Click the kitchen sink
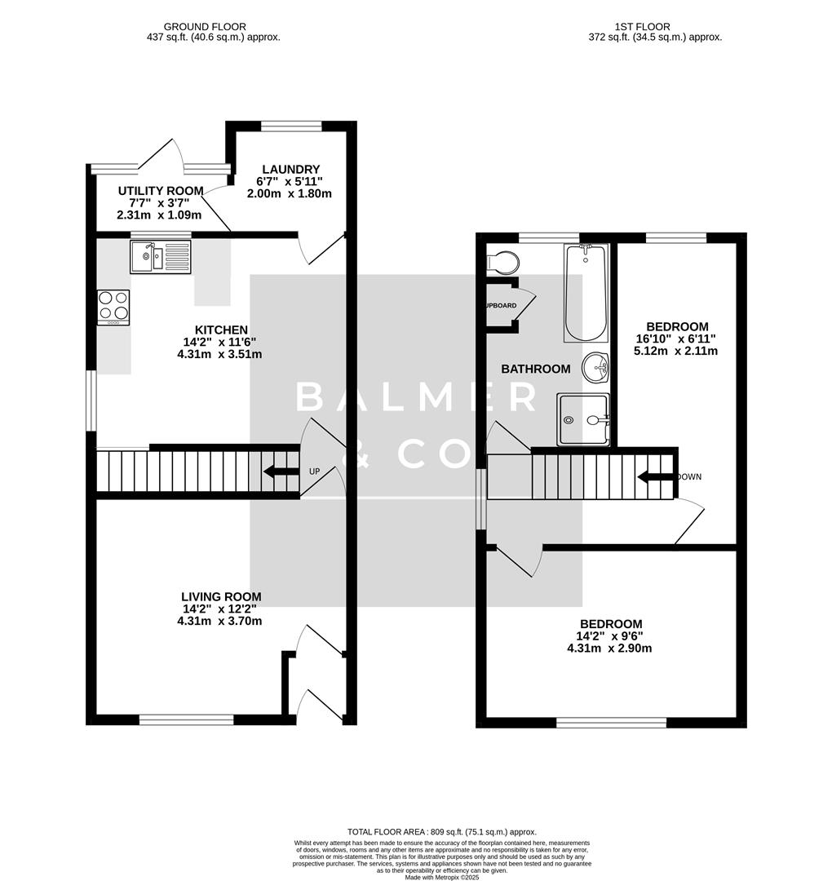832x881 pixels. click(160, 257)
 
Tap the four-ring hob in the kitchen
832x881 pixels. click(113, 307)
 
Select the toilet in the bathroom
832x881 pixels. click(502, 262)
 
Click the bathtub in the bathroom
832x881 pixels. click(586, 294)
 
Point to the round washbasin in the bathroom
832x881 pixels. click(596, 367)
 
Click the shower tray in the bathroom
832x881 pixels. click(583, 419)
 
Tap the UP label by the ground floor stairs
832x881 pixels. click(315, 471)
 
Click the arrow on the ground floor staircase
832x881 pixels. click(280, 471)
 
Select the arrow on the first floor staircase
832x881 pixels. click(654, 477)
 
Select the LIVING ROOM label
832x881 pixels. click(220, 596)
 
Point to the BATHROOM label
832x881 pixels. click(535, 369)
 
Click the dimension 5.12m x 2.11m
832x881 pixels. click(677, 351)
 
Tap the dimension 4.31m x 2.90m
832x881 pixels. click(609, 649)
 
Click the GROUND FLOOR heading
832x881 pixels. click(205, 27)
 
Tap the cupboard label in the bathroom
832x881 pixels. click(499, 305)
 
